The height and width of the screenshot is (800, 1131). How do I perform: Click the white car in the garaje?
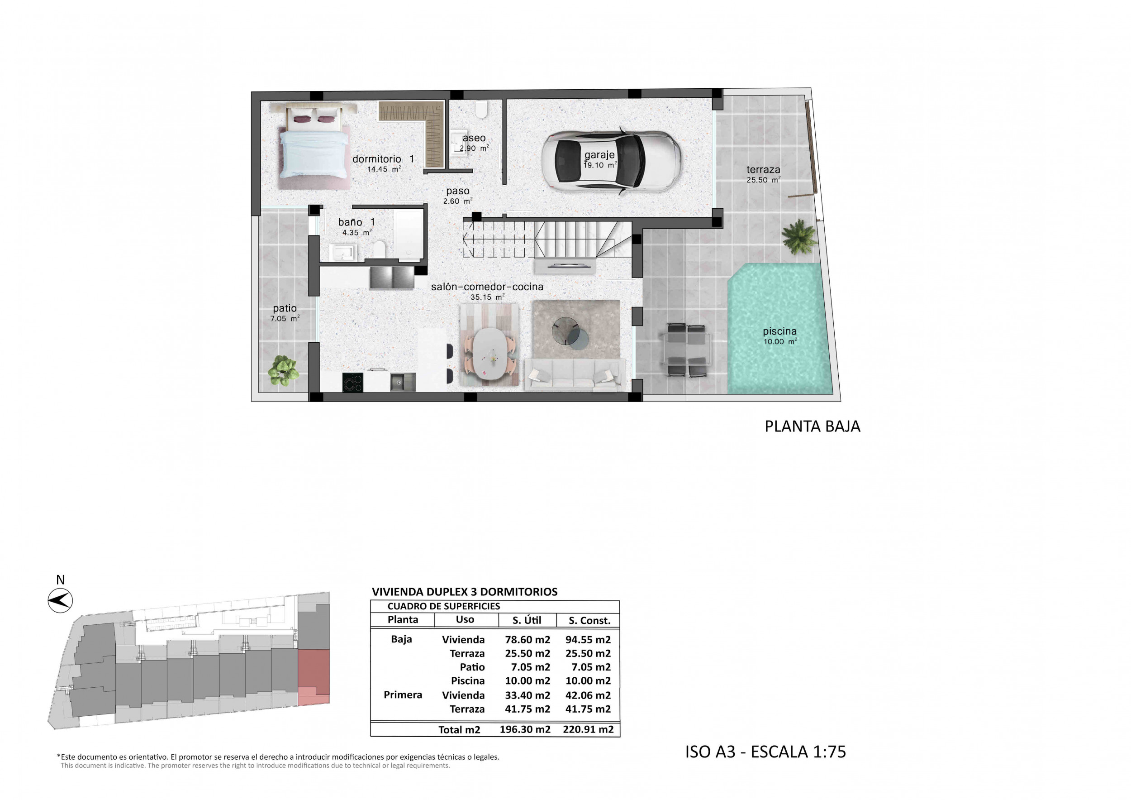click(611, 160)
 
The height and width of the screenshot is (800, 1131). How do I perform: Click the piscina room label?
click(780, 332)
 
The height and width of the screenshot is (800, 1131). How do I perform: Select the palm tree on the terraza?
click(798, 237)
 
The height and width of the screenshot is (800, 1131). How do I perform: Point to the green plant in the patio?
click(283, 370)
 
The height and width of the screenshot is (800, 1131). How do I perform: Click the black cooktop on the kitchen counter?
click(353, 382)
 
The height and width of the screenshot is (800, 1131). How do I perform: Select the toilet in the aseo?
click(481, 110)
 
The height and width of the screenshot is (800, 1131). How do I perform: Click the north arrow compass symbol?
click(60, 601)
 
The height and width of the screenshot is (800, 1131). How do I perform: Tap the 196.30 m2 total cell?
click(525, 729)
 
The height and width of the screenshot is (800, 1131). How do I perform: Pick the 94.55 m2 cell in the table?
click(588, 640)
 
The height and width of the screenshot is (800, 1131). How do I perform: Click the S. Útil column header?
click(527, 620)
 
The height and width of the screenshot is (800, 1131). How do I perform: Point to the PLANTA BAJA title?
click(813, 426)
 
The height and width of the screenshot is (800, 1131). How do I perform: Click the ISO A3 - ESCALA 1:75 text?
click(765, 752)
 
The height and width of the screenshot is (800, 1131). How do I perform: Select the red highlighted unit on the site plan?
click(314, 677)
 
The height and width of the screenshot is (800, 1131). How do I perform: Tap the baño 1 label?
click(356, 222)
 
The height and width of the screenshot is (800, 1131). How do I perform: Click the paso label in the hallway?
click(458, 191)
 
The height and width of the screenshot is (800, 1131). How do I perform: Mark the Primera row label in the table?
click(403, 695)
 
